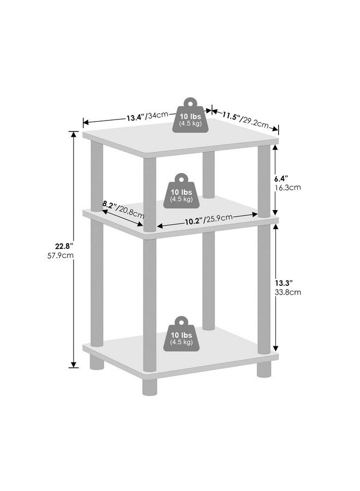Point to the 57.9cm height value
61,255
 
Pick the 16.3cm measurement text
287,188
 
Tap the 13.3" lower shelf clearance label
284,283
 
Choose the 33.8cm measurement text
288,292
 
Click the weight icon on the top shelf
190,115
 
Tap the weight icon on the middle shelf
181,191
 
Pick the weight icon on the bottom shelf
181,333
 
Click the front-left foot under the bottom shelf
149,387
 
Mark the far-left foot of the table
97,362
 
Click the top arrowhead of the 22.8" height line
74,134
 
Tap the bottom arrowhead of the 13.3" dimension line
275,348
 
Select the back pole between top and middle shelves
208,175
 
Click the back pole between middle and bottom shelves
208,281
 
